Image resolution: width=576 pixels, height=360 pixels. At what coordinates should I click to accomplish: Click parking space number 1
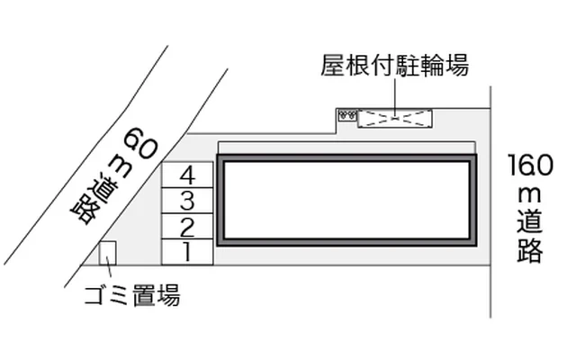186,253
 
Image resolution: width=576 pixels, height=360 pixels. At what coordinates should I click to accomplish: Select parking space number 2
186,226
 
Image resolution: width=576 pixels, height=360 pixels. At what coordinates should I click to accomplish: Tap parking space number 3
186,200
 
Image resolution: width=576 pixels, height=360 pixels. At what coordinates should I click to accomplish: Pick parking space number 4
186,174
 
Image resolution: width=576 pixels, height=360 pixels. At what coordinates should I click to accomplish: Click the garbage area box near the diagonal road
108,255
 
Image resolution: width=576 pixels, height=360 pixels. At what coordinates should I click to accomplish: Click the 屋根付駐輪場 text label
394,66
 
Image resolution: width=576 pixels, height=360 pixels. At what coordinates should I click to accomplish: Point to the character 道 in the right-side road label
530,221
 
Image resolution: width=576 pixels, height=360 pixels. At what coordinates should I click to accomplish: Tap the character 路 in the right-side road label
530,250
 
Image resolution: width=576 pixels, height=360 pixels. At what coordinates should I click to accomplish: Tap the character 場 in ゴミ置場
168,295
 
